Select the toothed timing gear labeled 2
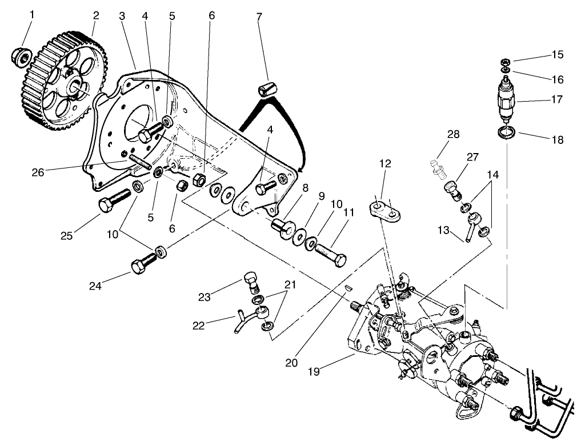click(63, 80)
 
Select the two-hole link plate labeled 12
click(384, 210)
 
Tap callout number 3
click(122, 15)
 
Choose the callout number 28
click(453, 134)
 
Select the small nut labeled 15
click(505, 62)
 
